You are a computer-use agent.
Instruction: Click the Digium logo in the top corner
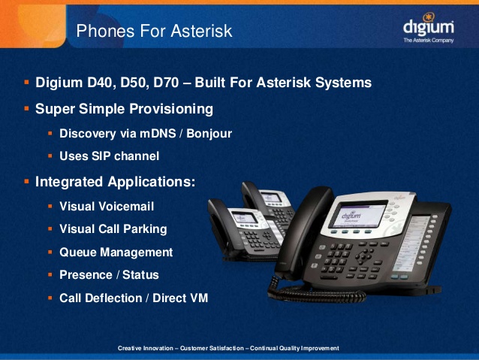click(x=428, y=28)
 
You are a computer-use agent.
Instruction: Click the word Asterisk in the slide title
click(x=201, y=31)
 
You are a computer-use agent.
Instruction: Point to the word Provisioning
click(x=171, y=109)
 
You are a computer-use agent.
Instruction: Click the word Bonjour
click(x=209, y=134)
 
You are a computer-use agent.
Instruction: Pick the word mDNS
click(x=158, y=133)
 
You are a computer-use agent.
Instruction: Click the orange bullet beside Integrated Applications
click(x=26, y=182)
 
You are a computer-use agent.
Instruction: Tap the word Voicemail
click(x=126, y=207)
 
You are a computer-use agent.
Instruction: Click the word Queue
click(x=78, y=253)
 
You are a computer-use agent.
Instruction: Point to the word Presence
click(x=86, y=275)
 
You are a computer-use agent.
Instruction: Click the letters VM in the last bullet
click(x=198, y=298)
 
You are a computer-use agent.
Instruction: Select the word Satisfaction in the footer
click(x=227, y=348)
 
